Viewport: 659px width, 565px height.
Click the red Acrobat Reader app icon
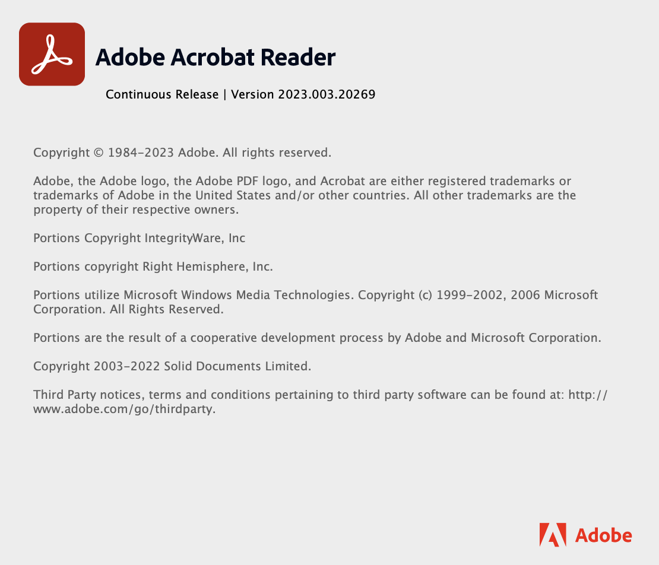(x=52, y=54)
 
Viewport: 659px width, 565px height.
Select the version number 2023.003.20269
(x=327, y=94)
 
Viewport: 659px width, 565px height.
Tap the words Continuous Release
(x=162, y=94)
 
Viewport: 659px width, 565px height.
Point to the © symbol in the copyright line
(x=99, y=153)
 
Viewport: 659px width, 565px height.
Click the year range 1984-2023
(x=141, y=153)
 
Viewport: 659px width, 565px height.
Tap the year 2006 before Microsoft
(x=527, y=295)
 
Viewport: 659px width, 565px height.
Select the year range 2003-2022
(x=126, y=366)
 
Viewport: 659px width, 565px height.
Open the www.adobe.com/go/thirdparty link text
(x=124, y=409)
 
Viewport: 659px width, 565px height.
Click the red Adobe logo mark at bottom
(x=552, y=535)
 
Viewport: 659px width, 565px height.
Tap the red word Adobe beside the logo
(x=603, y=535)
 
